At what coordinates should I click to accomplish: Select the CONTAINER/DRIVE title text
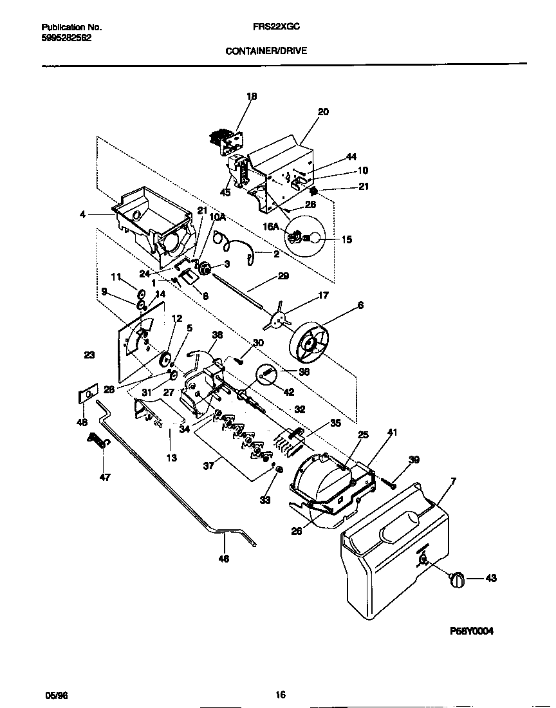[266, 50]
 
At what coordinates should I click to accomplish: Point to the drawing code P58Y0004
[472, 631]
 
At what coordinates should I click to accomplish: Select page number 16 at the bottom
[280, 694]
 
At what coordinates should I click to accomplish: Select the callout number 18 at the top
[252, 97]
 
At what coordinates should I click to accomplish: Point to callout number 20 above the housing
[323, 111]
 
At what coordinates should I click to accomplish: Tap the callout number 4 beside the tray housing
[82, 214]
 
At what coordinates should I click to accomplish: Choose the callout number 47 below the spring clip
[104, 477]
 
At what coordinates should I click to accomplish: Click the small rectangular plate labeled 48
[87, 394]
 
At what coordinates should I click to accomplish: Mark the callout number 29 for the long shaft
[284, 275]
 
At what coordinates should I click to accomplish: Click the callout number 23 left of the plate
[89, 354]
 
